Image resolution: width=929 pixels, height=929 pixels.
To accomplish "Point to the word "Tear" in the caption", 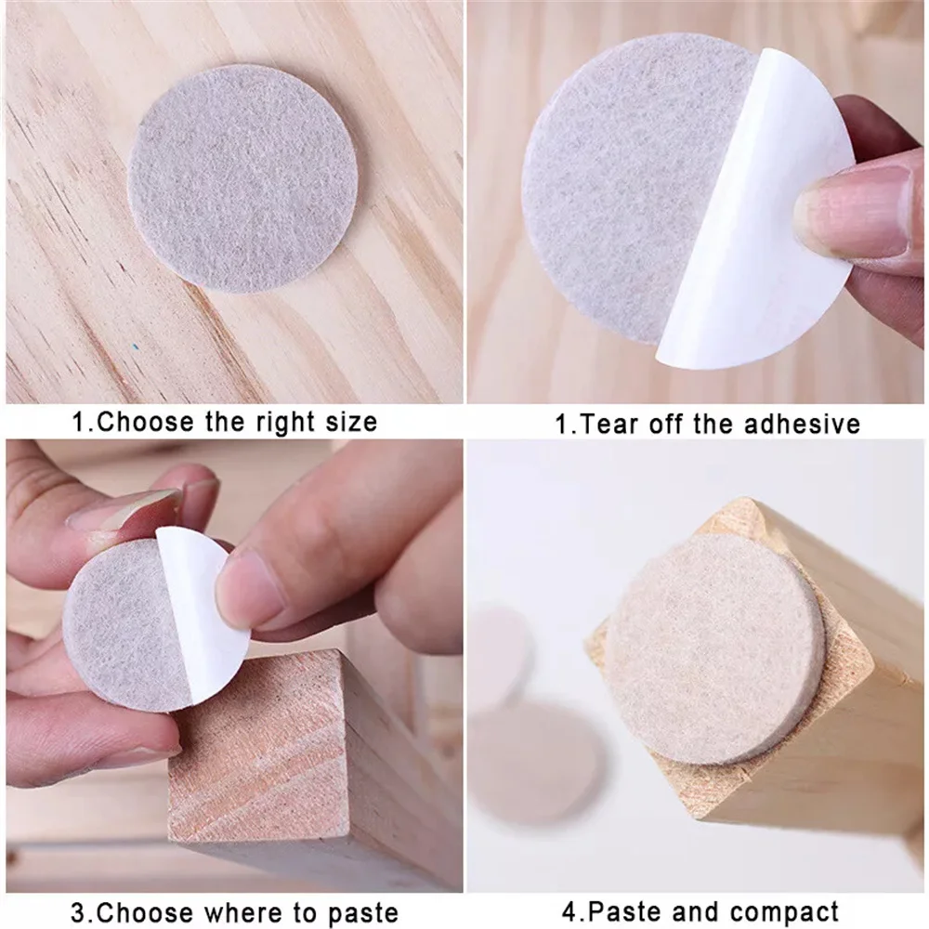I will coord(609,425).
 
